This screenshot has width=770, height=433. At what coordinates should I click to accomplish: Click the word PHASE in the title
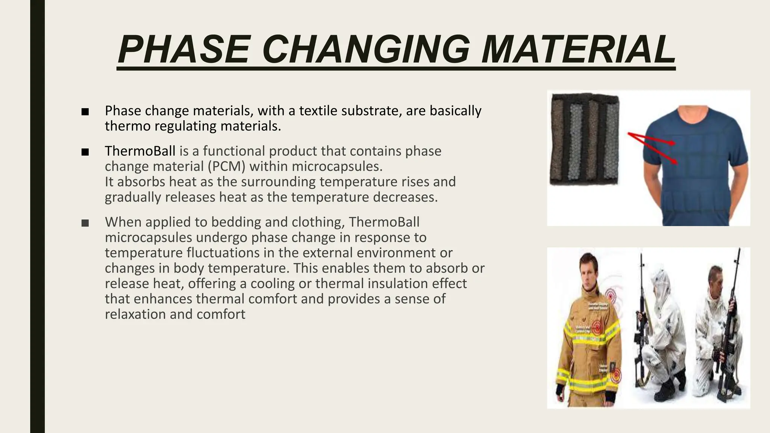(184, 50)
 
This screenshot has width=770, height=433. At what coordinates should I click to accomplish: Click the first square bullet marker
(85, 112)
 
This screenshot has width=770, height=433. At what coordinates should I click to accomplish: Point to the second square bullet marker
(85, 152)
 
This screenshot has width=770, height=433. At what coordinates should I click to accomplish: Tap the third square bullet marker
(85, 223)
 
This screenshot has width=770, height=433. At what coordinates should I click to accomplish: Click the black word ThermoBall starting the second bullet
(140, 151)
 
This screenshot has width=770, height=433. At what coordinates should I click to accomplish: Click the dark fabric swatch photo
(585, 139)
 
